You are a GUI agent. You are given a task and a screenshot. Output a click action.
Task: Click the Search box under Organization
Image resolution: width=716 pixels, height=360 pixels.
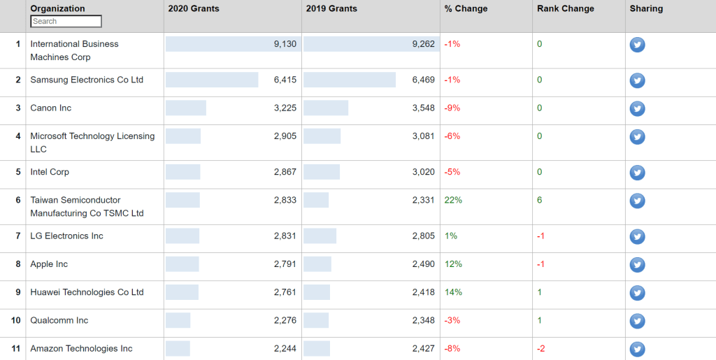66,22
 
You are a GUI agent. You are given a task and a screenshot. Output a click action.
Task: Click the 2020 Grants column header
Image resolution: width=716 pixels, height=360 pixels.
194,9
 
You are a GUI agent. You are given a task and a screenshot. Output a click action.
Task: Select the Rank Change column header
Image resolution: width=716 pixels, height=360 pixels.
565,9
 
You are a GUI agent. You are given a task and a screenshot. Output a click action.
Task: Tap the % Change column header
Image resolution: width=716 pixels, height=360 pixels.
466,9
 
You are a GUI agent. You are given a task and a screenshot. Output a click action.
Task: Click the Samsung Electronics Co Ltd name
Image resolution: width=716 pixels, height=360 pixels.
87,80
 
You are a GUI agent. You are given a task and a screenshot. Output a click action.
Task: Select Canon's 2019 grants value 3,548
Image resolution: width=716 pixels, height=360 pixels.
423,108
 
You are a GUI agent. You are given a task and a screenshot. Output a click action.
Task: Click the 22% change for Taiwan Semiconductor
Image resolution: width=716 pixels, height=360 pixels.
453,200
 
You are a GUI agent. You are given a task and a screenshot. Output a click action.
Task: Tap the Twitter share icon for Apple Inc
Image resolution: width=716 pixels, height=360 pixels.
637,265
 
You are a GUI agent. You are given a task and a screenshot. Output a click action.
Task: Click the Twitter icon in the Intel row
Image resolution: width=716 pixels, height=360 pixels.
637,173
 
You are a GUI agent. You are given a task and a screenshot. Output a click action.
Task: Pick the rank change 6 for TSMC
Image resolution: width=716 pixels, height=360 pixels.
540,200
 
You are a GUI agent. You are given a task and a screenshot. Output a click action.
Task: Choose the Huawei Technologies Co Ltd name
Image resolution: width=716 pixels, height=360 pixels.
87,292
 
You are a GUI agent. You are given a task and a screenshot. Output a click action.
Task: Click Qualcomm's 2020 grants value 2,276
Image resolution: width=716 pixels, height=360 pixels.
285,321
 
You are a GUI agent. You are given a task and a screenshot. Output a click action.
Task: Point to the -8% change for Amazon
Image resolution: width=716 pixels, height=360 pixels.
452,349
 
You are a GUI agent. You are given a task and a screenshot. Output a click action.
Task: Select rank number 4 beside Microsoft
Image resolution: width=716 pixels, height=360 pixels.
18,136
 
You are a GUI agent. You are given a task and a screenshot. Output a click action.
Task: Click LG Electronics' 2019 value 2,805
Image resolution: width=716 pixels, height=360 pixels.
423,236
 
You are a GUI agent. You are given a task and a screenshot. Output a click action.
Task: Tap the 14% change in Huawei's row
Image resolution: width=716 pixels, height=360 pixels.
453,292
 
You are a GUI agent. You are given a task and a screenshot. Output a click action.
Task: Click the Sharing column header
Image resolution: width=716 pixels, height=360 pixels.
646,9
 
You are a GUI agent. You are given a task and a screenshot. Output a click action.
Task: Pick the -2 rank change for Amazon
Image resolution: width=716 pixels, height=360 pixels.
541,349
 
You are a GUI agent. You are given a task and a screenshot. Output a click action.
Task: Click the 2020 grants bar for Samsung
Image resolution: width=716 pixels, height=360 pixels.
212,80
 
